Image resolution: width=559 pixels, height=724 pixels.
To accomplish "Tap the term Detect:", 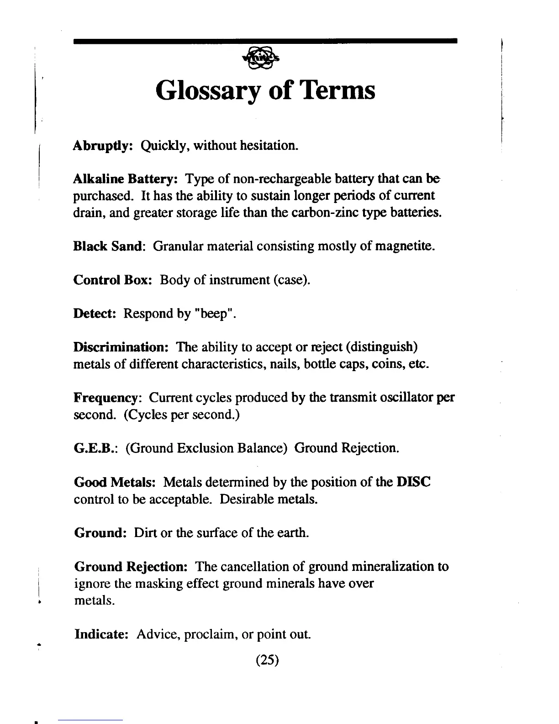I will [x=96, y=314].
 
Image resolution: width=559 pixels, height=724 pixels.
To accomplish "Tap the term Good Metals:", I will [x=116, y=482].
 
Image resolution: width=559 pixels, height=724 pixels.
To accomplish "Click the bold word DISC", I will [x=413, y=482].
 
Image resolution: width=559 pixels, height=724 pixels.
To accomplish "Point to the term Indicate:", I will [x=103, y=634].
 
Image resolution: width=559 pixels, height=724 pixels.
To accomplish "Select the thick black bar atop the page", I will [x=265, y=41].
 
